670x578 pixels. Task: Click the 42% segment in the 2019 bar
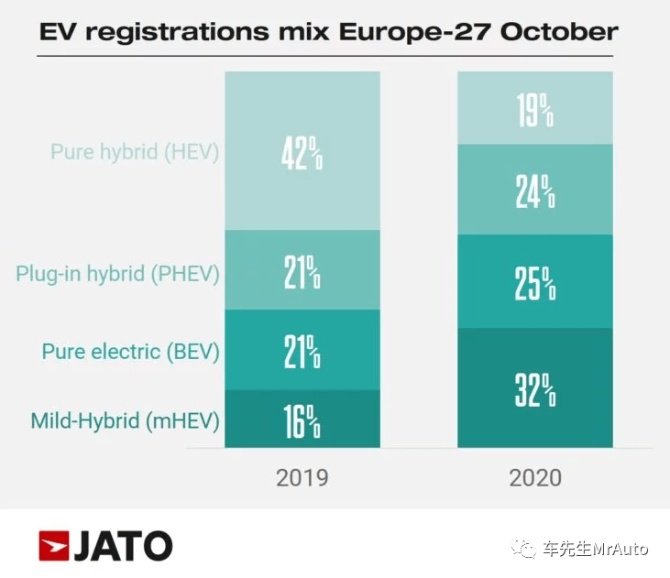[x=302, y=151]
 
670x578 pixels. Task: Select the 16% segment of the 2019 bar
[x=302, y=419]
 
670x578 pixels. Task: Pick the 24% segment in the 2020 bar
[x=535, y=190]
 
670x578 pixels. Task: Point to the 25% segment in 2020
[x=535, y=281]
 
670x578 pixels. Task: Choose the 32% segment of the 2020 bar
[x=535, y=387]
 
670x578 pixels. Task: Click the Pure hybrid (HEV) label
[x=135, y=151]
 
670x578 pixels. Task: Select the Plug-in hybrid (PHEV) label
[x=117, y=273]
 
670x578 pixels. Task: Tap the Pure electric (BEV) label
[x=130, y=351]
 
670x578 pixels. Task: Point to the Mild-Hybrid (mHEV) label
[x=125, y=421]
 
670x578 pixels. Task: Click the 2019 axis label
[x=302, y=477]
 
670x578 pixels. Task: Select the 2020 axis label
[x=535, y=477]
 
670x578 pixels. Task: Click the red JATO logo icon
[x=53, y=546]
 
